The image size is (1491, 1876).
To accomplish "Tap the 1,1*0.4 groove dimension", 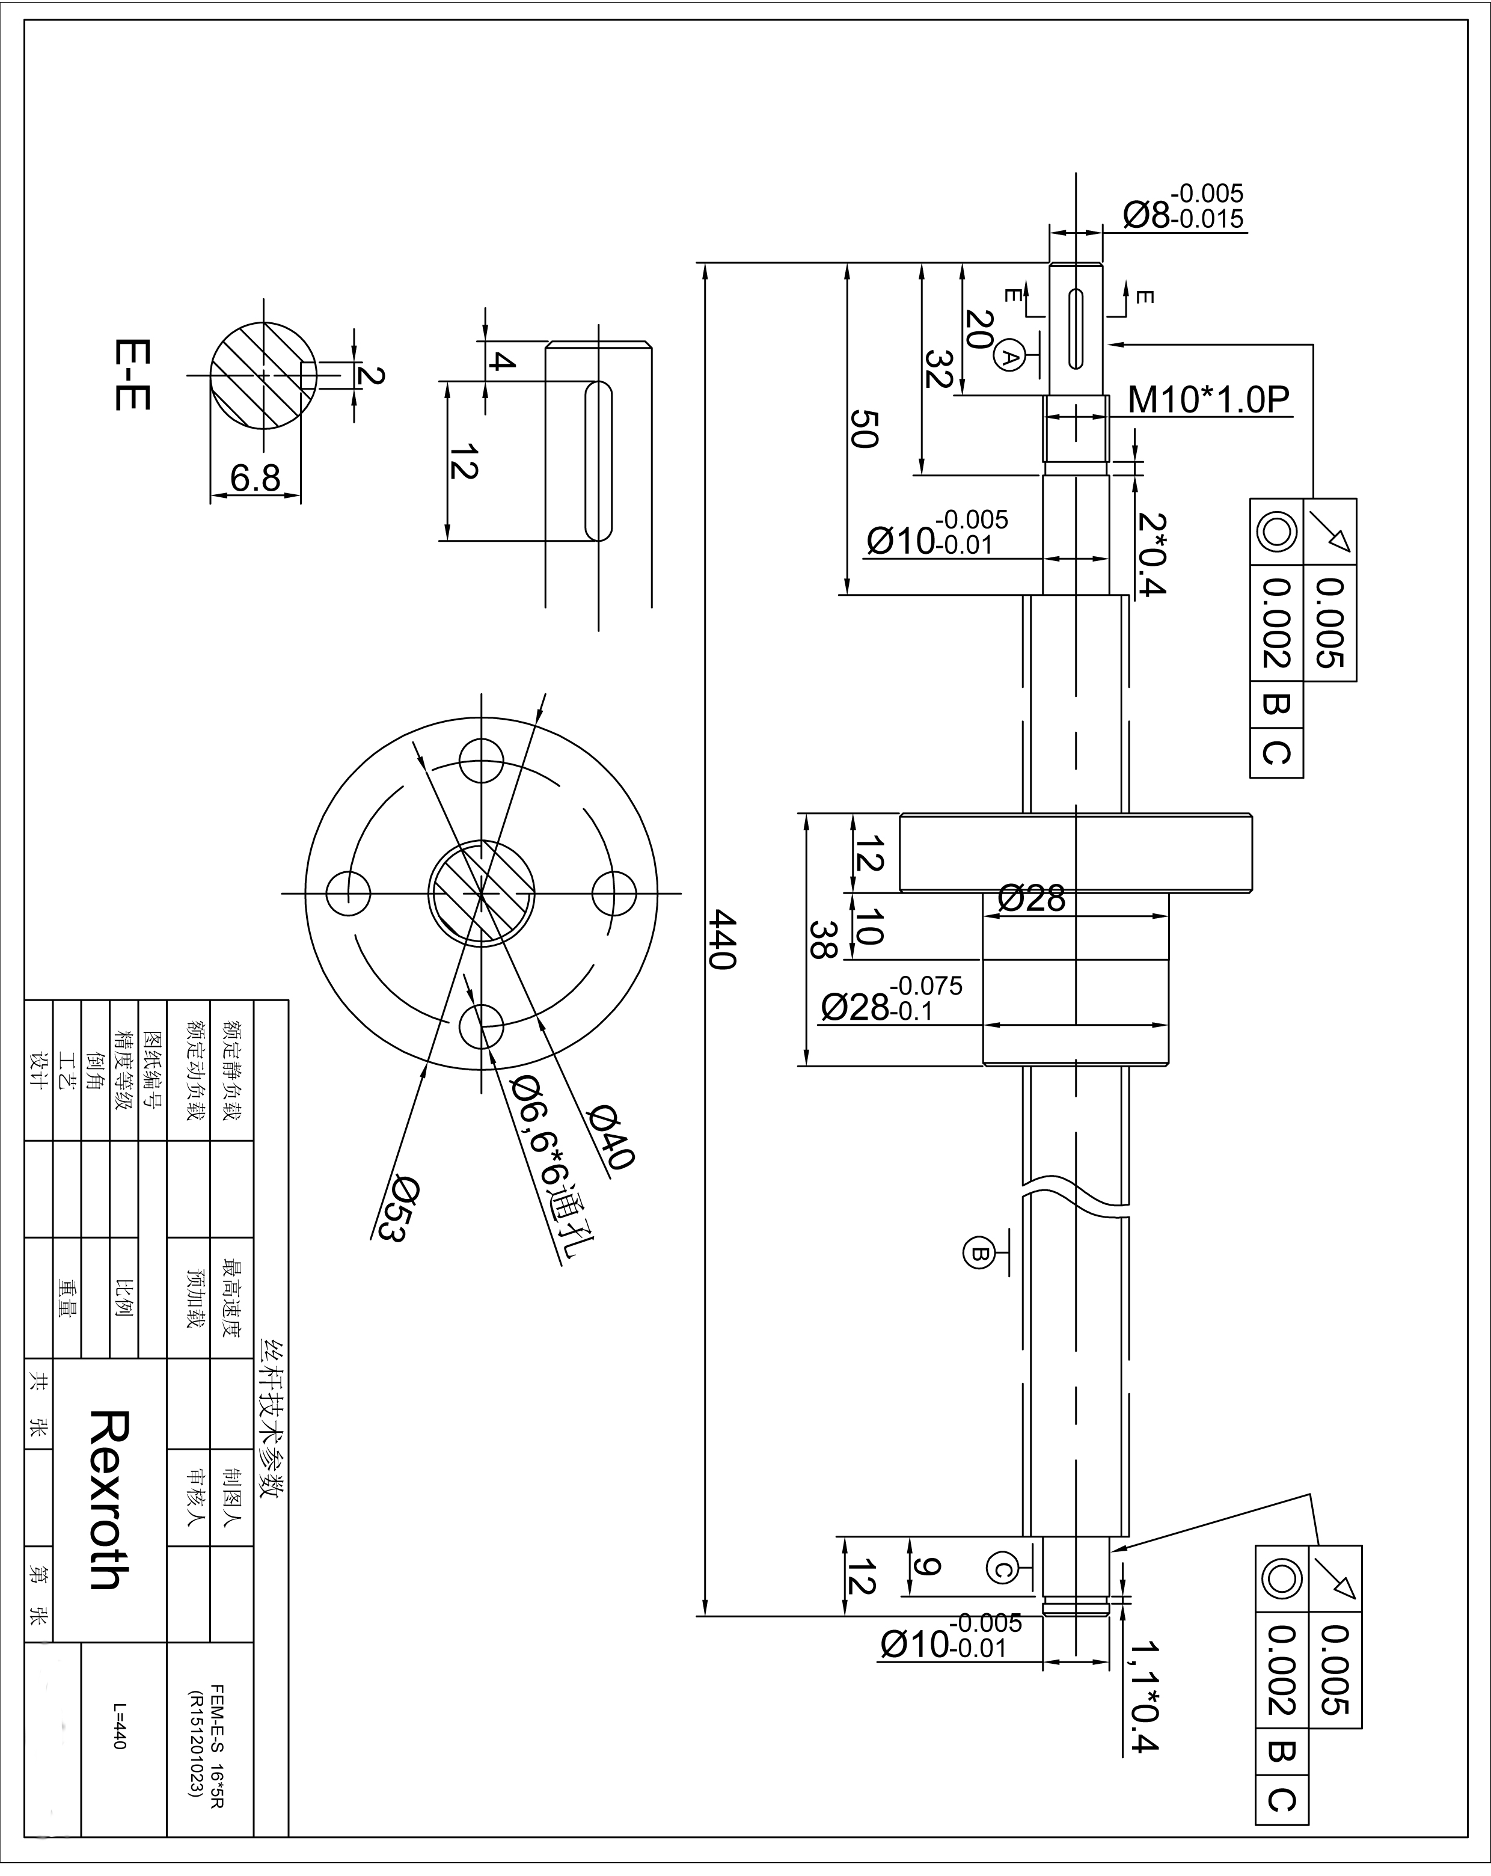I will click(x=1142, y=1709).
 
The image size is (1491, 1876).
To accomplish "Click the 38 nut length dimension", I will click(x=821, y=940).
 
